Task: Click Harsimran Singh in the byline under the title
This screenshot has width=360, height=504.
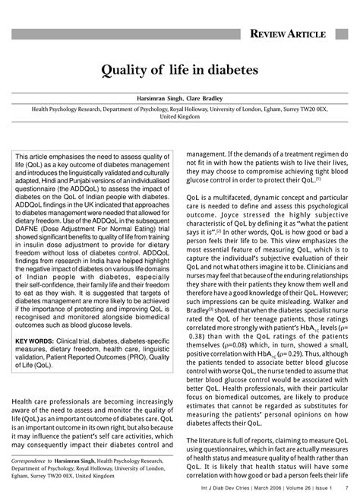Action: tap(163, 99)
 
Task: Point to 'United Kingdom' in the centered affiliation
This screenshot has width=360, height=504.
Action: tap(180, 119)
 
